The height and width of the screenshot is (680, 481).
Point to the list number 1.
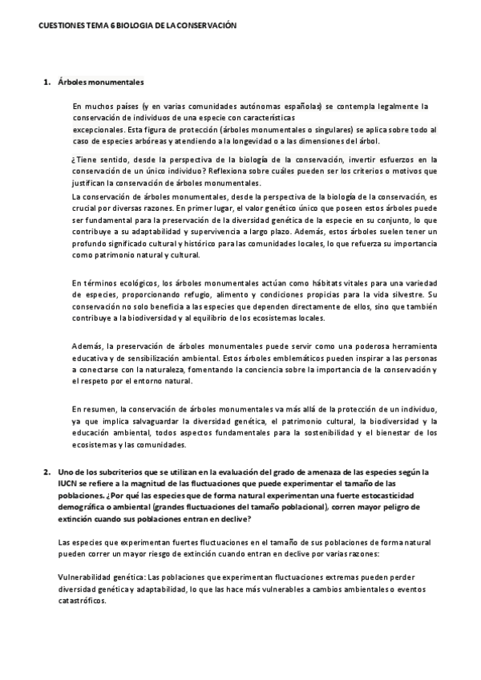tap(46, 81)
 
